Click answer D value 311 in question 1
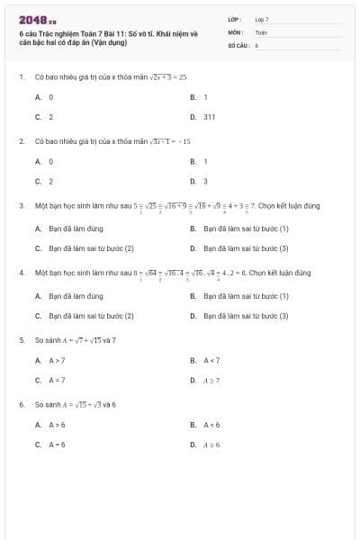(209, 117)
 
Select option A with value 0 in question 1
(50, 96)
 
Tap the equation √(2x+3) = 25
(167, 77)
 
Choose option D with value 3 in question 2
(205, 182)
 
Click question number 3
(21, 205)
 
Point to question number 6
(21, 404)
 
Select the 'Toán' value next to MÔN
(261, 31)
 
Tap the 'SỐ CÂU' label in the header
(238, 43)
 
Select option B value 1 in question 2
(205, 161)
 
